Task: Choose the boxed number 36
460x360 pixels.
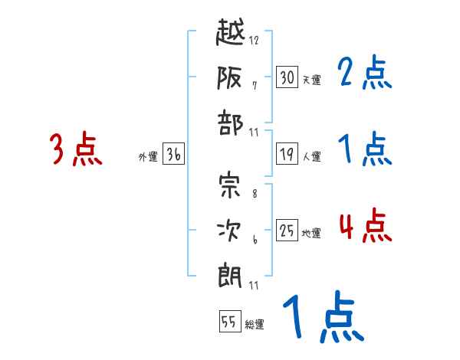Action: pyautogui.click(x=173, y=154)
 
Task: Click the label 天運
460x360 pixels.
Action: pyautogui.click(x=311, y=80)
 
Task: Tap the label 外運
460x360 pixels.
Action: pyautogui.click(x=148, y=157)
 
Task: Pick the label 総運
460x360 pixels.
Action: pyautogui.click(x=254, y=325)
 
